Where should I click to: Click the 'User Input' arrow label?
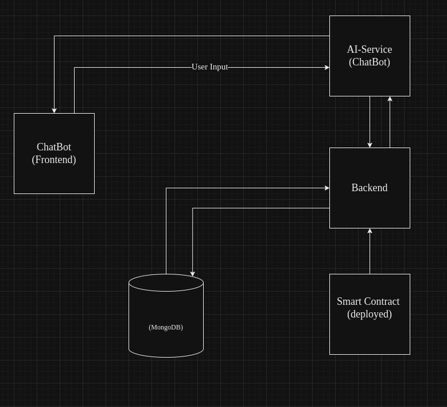(209, 67)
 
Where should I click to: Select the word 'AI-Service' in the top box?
(369, 49)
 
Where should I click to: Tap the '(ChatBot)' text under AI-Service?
(369, 62)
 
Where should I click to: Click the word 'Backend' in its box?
(369, 188)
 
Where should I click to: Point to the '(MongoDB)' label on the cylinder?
(165, 327)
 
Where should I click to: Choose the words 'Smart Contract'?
(368, 301)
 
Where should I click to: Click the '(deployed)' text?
(369, 314)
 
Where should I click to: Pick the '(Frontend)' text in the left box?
(53, 160)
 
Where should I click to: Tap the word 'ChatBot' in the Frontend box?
(53, 147)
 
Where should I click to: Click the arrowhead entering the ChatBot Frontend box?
(54, 110)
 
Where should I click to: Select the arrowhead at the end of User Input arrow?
(327, 67)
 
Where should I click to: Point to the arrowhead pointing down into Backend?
(370, 145)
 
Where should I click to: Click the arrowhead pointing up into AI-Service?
(390, 99)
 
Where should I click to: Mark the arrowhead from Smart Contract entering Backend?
(370, 231)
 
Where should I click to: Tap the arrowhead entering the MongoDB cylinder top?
(192, 274)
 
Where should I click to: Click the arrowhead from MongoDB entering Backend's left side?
(327, 188)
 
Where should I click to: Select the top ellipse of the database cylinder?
(166, 282)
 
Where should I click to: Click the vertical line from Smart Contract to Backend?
(370, 253)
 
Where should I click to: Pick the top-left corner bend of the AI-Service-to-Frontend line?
(54, 36)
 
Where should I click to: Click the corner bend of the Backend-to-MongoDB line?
(192, 208)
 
